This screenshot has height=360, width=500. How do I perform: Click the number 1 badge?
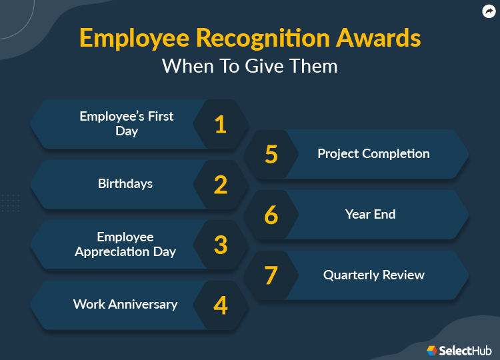(x=221, y=124)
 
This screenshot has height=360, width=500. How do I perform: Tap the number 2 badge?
(x=221, y=184)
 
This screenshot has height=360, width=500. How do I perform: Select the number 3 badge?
(x=221, y=245)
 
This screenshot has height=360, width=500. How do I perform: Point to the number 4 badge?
(x=221, y=305)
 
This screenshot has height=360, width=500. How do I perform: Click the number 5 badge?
(x=271, y=154)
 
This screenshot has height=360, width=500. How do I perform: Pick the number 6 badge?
(x=271, y=215)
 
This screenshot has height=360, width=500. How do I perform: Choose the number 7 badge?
(x=271, y=275)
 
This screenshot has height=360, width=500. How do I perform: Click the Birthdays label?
(x=125, y=183)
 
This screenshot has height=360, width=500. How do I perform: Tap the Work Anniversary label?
(x=125, y=304)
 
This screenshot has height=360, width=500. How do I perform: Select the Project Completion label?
(x=373, y=153)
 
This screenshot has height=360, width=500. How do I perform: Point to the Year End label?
(x=370, y=214)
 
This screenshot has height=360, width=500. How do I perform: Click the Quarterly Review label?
(x=373, y=275)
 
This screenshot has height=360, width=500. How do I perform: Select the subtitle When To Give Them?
(x=249, y=66)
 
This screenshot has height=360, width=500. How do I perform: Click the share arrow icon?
(x=489, y=11)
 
